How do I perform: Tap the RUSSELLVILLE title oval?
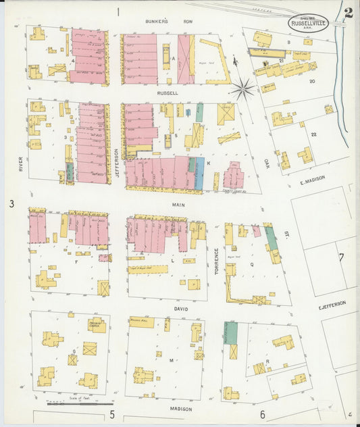pos(310,24)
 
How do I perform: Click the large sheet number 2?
pos(348,12)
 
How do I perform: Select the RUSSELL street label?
pos(168,93)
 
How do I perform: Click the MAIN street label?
pos(178,203)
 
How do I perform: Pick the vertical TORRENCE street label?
pos(217,261)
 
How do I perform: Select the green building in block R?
pos(231,332)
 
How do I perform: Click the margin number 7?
pos(341,257)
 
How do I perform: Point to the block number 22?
pos(313,134)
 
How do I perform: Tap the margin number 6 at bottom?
pos(262,414)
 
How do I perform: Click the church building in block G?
pos(96,325)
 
